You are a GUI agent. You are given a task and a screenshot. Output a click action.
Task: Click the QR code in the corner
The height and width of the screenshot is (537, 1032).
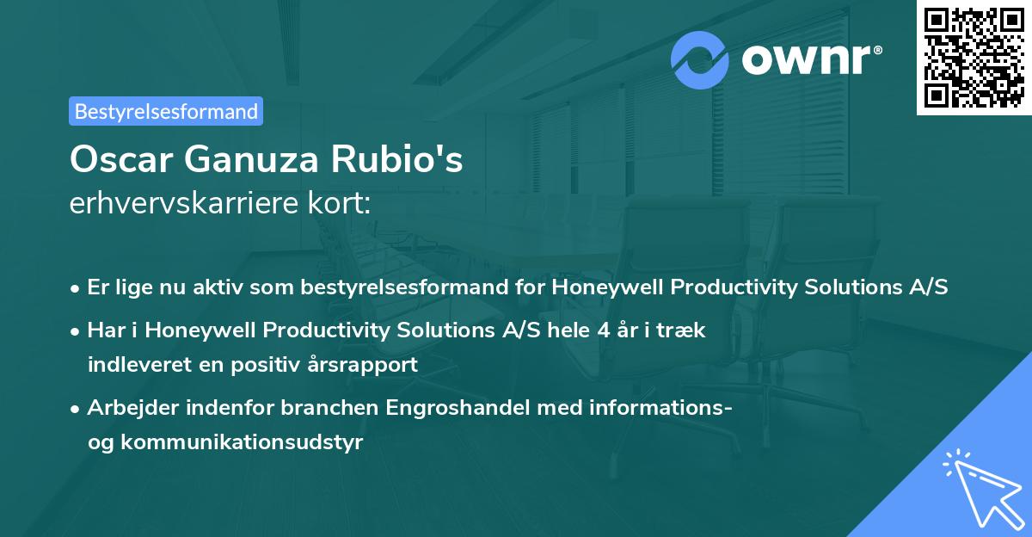point(974,58)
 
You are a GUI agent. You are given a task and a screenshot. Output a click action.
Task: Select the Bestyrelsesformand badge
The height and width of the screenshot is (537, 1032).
point(166,111)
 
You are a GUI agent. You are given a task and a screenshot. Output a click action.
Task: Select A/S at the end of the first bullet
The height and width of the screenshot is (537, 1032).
point(929,287)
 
